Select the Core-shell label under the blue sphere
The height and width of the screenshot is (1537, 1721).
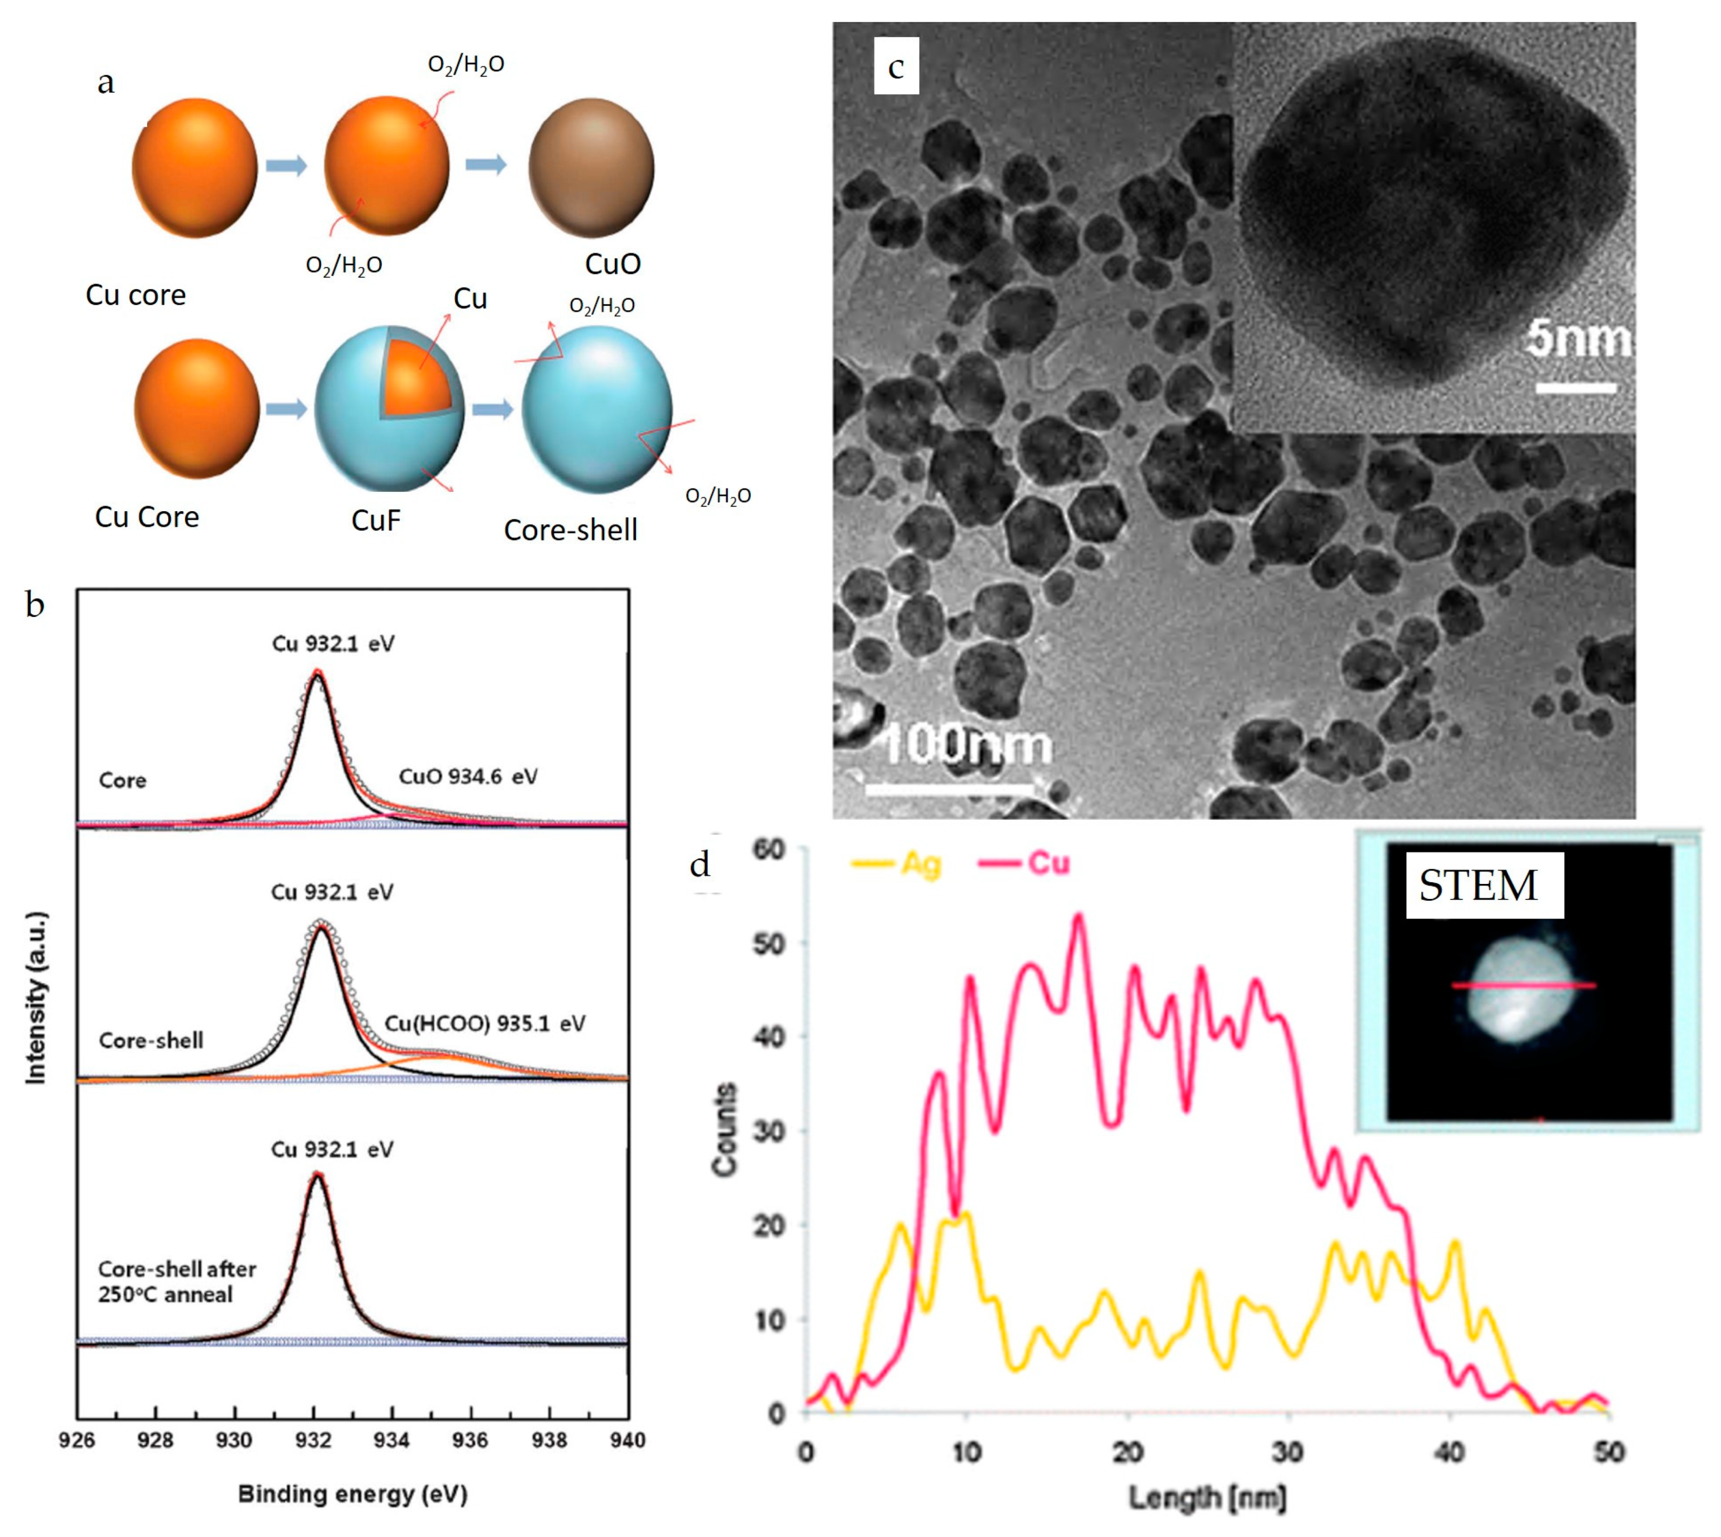(570, 530)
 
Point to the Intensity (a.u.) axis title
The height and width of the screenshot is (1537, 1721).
(36, 997)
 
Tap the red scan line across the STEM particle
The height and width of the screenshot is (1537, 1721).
(1524, 985)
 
